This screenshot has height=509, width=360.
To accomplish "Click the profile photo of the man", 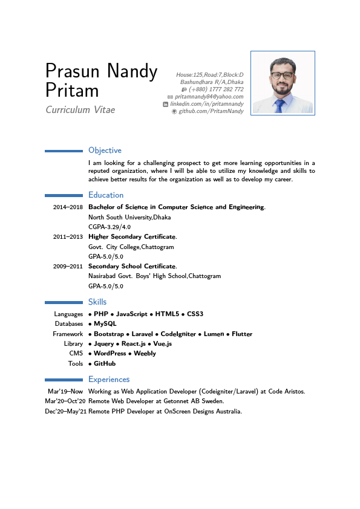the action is [283, 83].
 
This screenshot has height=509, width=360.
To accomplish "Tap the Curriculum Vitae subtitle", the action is [80, 110].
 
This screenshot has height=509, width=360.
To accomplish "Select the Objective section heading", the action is [105, 151].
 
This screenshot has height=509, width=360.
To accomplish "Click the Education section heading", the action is [106, 195].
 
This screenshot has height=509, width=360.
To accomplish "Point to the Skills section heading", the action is [97, 302].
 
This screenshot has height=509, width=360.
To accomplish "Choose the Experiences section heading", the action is [109, 380].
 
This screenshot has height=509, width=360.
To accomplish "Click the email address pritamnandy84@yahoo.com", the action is [209, 97].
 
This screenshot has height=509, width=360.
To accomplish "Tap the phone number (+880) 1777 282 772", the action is [216, 89].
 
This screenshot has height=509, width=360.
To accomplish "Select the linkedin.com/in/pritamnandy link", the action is [207, 104].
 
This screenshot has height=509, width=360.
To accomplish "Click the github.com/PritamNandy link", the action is [211, 111].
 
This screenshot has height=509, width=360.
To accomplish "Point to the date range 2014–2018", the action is [68, 207].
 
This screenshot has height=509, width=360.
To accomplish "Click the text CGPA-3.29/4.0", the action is [110, 227].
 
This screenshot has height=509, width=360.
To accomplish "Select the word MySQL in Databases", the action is [105, 324].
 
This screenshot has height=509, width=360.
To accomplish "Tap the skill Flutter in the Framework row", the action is [242, 334].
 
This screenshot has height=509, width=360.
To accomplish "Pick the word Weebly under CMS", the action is [145, 354].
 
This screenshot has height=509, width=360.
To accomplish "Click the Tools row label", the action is [75, 364].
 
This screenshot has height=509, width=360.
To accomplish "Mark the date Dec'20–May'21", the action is [65, 412].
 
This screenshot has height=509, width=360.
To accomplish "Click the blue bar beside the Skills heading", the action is [64, 302].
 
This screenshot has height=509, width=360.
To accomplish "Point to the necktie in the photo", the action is [279, 106].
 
